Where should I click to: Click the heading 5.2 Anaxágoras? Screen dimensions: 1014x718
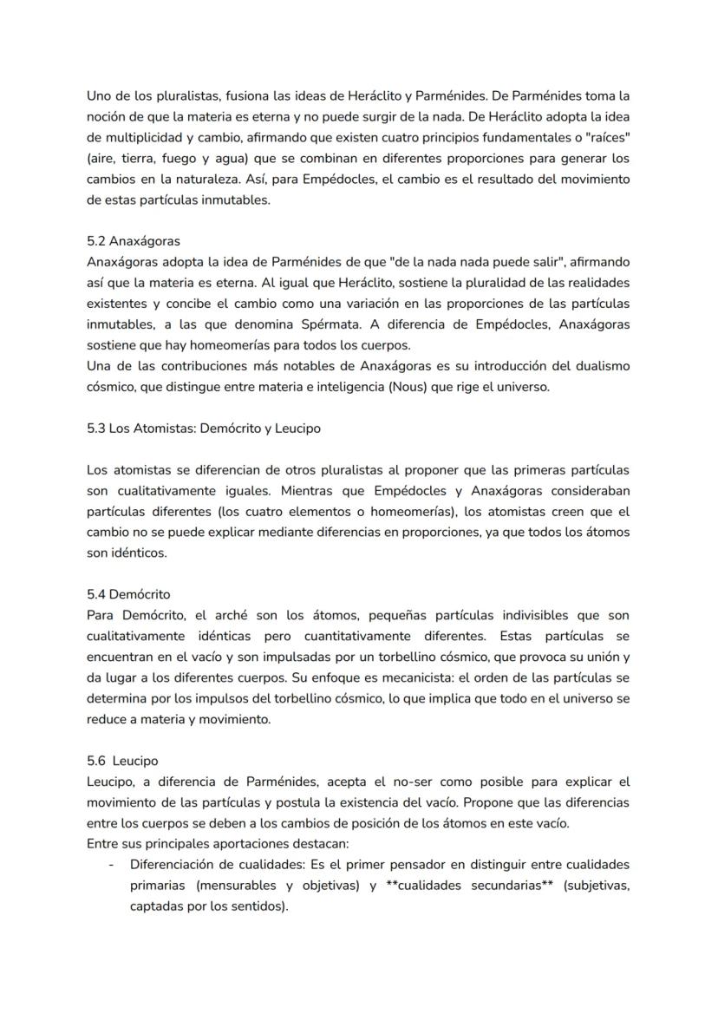pos(133,241)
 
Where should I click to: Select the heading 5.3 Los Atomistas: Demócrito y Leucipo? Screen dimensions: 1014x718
pos(205,428)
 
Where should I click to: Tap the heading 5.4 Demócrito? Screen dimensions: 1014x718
pos(128,594)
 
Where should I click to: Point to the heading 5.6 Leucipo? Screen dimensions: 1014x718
pos(122,761)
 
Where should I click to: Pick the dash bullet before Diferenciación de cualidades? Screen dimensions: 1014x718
pos(111,865)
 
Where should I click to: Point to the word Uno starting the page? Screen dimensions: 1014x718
pos(99,95)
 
